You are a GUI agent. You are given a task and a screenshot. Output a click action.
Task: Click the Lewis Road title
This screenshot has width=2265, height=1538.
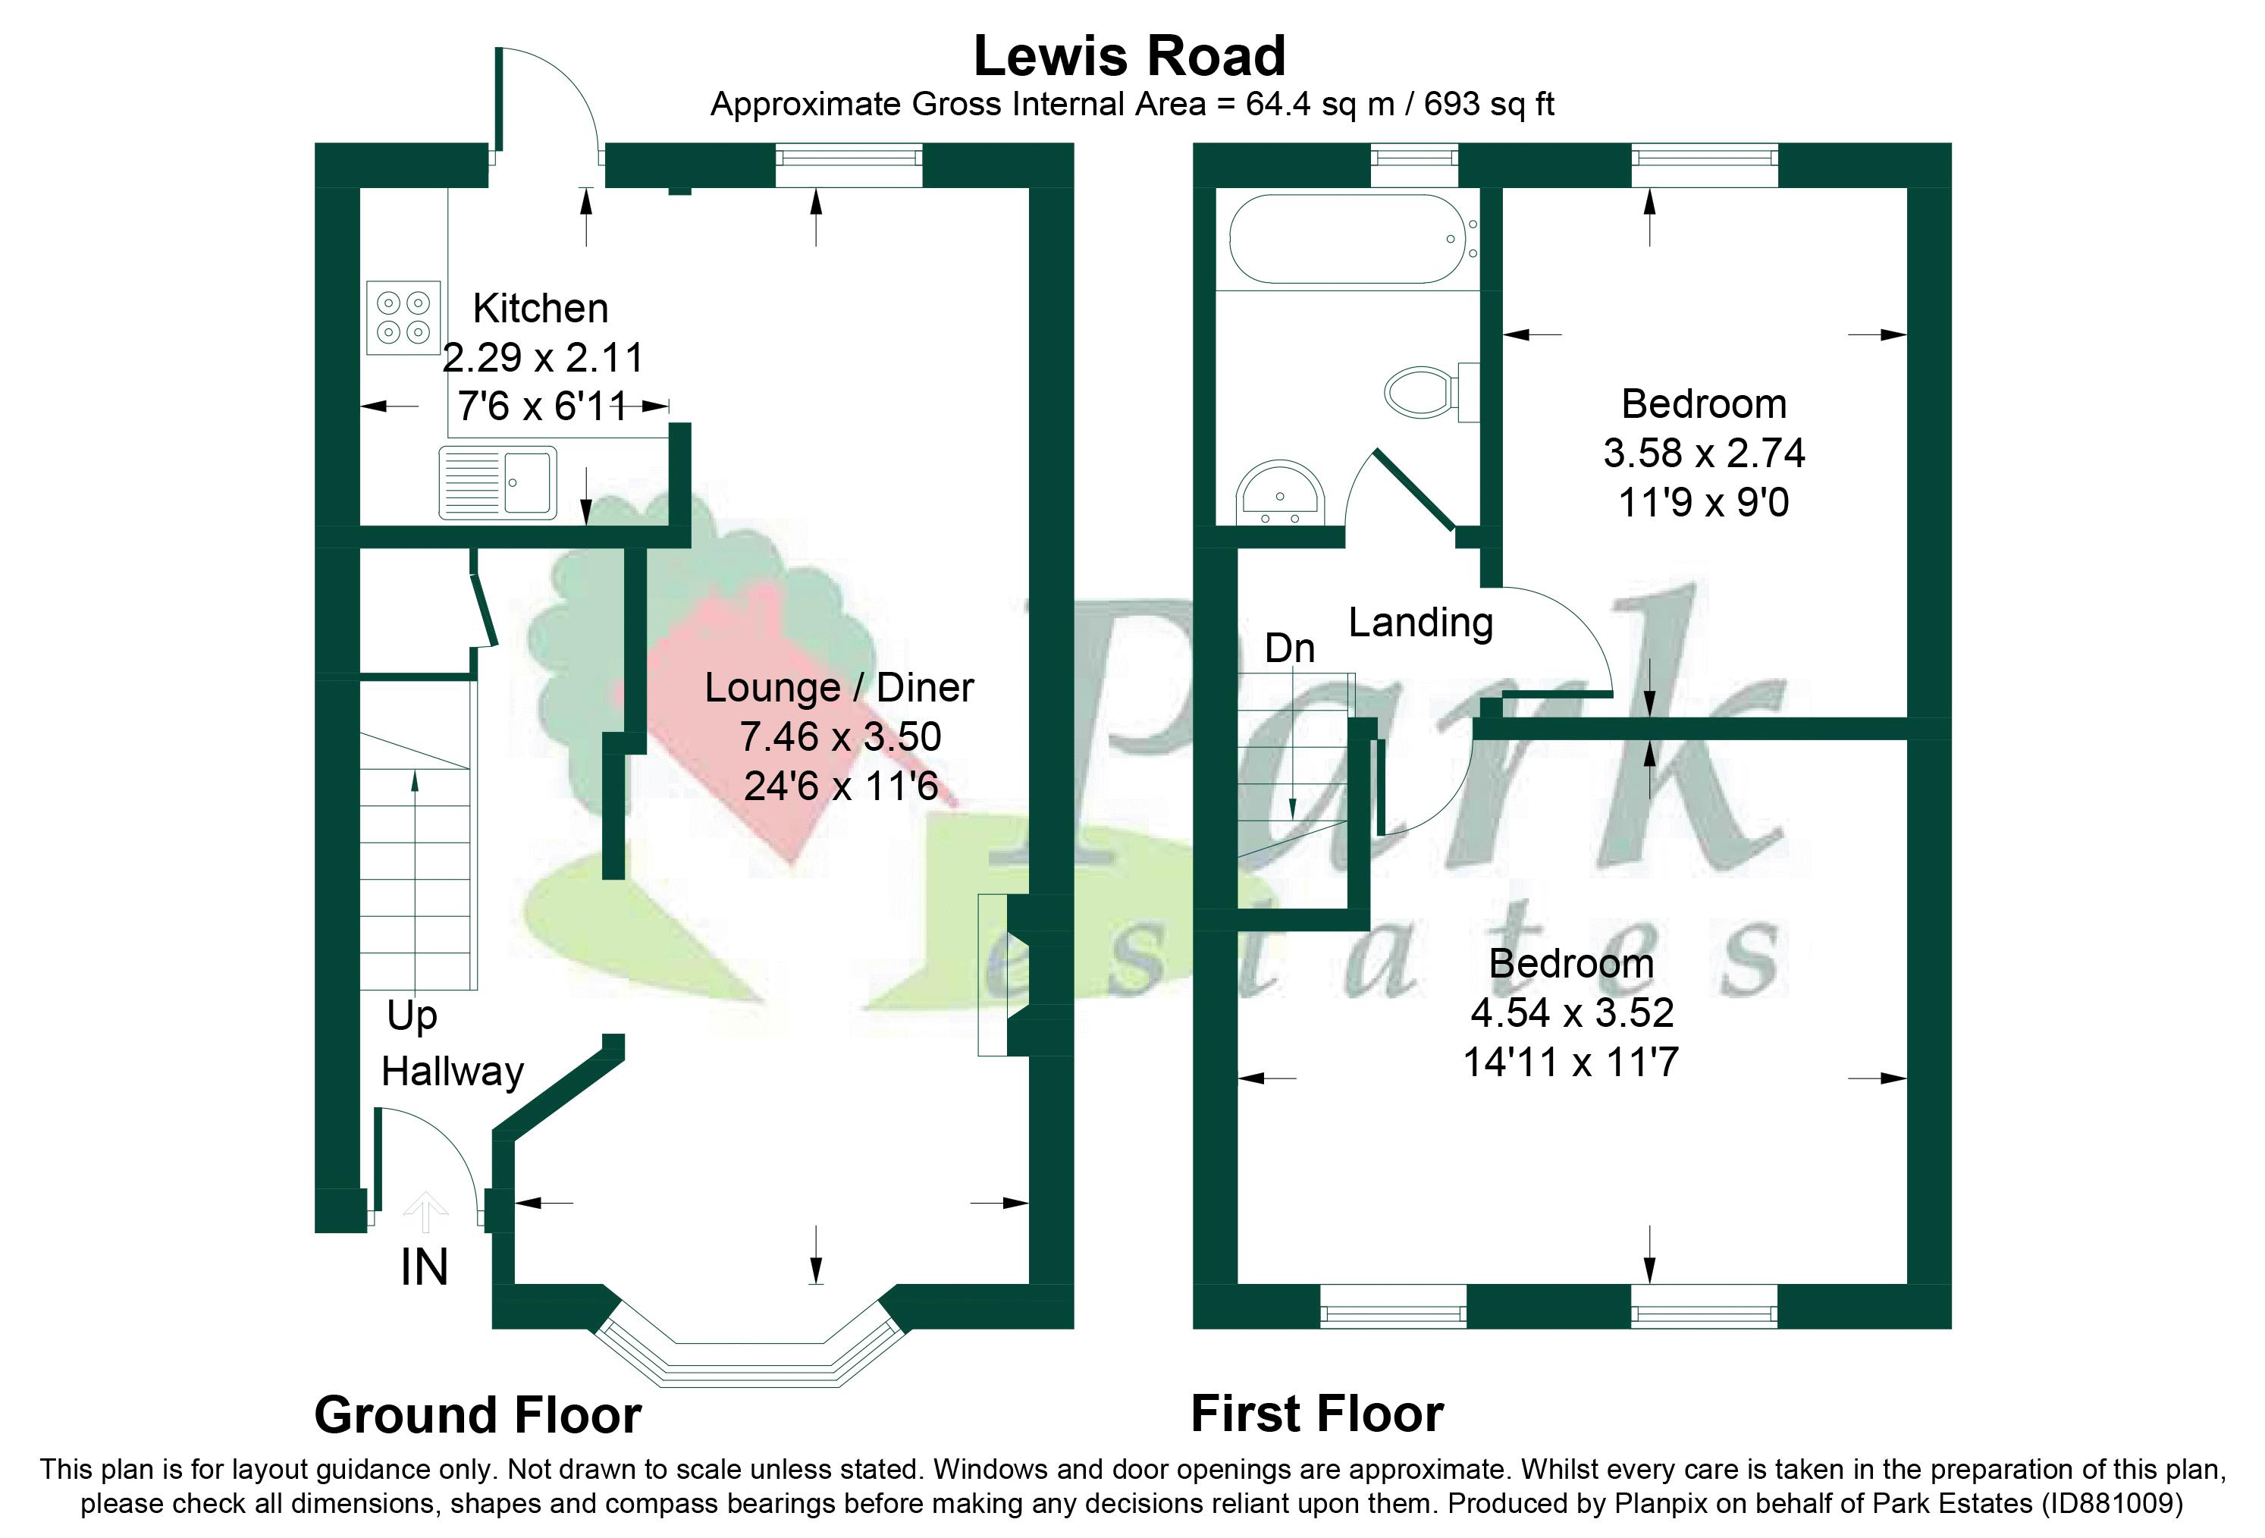click(1130, 57)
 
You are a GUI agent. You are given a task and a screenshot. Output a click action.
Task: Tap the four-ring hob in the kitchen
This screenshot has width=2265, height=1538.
click(403, 318)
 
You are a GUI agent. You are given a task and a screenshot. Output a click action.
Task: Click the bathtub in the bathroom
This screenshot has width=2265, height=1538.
click(1350, 239)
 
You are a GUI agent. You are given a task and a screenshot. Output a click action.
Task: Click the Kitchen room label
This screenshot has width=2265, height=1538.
click(541, 309)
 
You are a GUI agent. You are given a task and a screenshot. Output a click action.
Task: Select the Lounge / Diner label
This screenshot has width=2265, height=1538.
click(839, 688)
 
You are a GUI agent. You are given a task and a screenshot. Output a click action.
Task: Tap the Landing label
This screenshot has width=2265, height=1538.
click(1420, 622)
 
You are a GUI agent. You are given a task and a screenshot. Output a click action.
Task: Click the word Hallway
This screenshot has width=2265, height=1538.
click(452, 1072)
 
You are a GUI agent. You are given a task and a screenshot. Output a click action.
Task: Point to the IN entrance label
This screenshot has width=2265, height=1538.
click(424, 1268)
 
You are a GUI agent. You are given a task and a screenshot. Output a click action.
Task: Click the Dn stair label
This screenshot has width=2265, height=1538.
click(1289, 648)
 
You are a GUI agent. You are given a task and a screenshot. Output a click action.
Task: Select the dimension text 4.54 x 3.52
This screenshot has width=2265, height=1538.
click(1572, 1012)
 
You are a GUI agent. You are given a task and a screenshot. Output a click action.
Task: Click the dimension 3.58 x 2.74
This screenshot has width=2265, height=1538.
click(1704, 454)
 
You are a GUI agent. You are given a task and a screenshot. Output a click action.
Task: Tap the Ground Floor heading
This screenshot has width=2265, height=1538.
click(478, 1415)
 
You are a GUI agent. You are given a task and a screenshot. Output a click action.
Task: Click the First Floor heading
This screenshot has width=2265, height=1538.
click(1316, 1414)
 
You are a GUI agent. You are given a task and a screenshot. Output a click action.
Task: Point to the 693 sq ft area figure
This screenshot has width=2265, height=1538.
click(1489, 105)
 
